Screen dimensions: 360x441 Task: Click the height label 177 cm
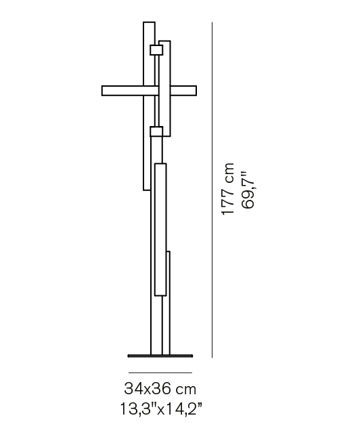tap(227, 189)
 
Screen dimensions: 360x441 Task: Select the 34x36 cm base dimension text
tap(160, 389)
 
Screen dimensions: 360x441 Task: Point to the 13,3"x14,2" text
tap(161, 408)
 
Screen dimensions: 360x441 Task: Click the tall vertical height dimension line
tap(212, 190)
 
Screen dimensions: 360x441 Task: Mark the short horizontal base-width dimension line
tap(160, 373)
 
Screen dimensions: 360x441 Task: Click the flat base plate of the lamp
tap(160, 356)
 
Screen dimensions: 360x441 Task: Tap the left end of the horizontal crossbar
tap(102, 91)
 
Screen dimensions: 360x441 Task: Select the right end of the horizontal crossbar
tap(196, 91)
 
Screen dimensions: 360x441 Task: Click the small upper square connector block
tap(156, 50)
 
